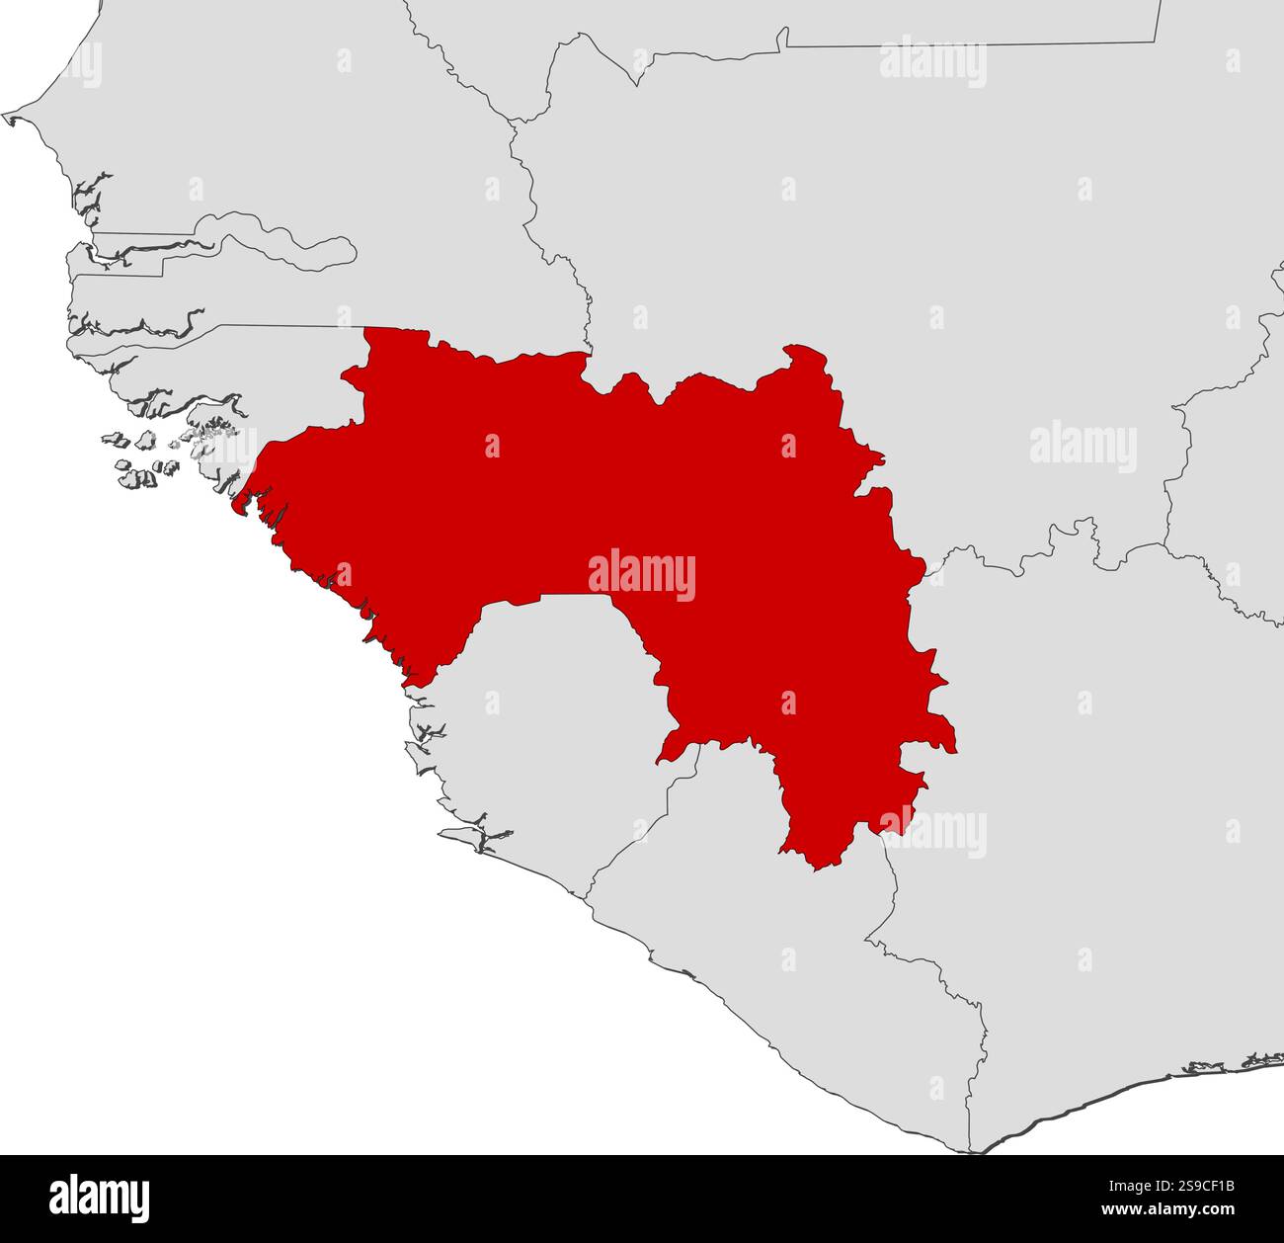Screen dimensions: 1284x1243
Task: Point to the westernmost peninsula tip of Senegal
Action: coord(8,119)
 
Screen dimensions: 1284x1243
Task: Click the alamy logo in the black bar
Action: coord(100,1198)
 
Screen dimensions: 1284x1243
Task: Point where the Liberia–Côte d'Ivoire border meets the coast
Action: coord(973,1152)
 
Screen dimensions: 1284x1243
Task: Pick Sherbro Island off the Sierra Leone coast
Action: coord(474,837)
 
